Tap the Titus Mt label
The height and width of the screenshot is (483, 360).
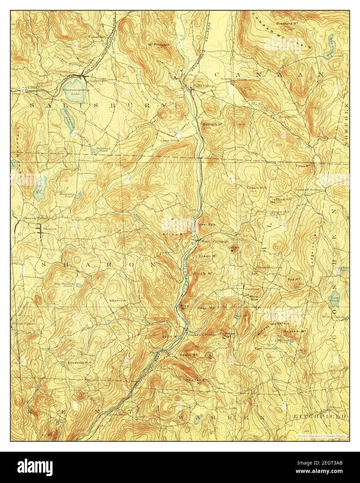[303, 166]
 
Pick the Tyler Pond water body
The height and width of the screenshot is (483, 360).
[335, 298]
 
